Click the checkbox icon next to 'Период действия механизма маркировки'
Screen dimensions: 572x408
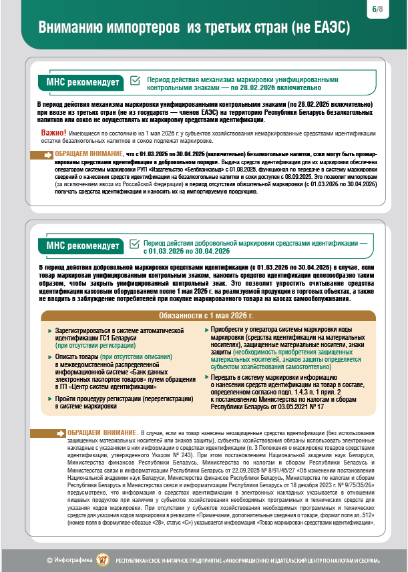tap(136, 81)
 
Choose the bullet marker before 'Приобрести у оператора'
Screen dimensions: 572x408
tap(206, 330)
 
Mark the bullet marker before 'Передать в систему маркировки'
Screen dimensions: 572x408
tap(206, 377)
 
